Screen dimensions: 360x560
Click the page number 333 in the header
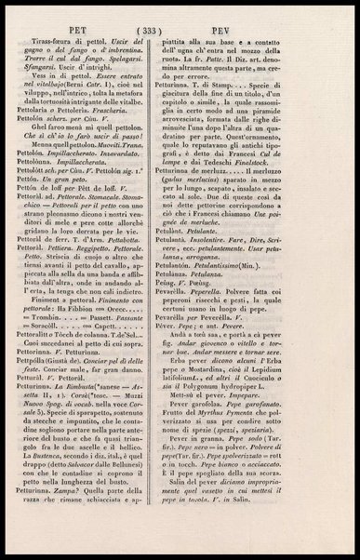coord(177,28)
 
